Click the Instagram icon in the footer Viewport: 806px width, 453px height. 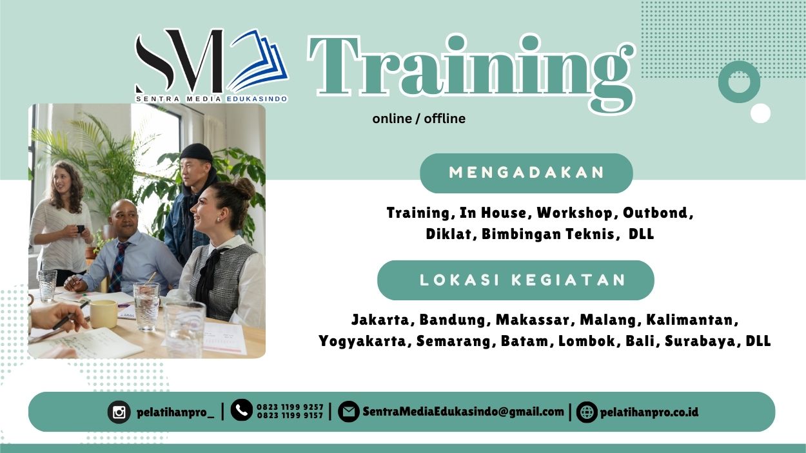119,412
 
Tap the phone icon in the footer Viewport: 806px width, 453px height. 241,410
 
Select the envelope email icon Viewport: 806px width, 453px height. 348,412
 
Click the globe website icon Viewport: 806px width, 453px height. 587,412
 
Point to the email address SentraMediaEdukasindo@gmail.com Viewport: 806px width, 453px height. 463,412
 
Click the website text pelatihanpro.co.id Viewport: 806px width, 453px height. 649,412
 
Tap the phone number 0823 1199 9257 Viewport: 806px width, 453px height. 290,407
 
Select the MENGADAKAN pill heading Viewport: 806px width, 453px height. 526,173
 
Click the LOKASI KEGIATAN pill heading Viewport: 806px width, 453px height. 516,280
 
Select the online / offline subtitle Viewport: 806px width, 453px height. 418,119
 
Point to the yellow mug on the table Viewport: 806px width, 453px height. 103,313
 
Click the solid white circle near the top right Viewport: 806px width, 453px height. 761,113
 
